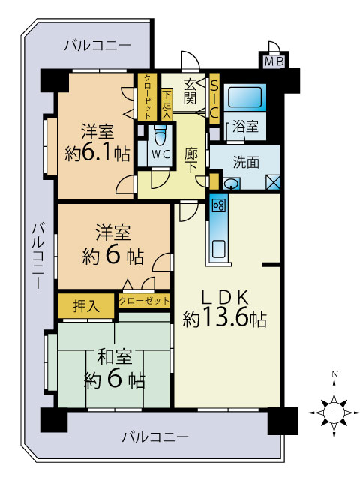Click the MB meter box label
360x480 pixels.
pos(274,61)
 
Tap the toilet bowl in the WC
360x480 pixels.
pos(160,136)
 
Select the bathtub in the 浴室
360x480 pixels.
pos(245,97)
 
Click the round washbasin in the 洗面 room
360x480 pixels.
pos(230,184)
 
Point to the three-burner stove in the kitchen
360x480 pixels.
pos(219,205)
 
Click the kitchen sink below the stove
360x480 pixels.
pos(219,249)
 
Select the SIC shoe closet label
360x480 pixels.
pos(214,97)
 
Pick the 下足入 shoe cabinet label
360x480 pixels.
pos(166,104)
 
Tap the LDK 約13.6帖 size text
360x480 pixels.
pos(224,307)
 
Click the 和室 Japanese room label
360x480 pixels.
pos(115,356)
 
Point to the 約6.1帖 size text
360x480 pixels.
pos(97,153)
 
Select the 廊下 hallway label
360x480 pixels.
pos(191,160)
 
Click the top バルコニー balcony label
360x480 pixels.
pos(97,46)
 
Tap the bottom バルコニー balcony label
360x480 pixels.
pos(155,436)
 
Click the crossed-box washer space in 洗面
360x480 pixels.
pos(273,181)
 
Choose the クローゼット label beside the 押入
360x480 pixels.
pos(144,300)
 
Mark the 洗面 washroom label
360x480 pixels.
pos(246,162)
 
